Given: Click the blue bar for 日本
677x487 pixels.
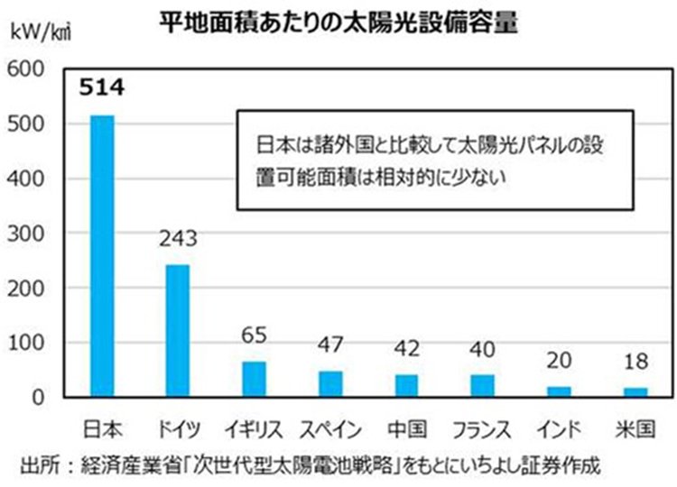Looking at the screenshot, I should point(103,256).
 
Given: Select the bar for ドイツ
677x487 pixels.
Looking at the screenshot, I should point(178,330).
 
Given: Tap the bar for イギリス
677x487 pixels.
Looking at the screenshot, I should point(255,379).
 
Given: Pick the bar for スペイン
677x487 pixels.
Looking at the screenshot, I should point(330,383).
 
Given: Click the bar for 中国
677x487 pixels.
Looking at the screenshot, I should point(406,385).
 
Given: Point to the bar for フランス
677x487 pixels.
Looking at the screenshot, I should point(482,385).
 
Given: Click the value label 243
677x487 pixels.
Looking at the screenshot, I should point(177,239).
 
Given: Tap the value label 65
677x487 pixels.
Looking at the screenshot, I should point(255,336).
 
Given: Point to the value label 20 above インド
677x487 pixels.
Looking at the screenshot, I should point(558,361).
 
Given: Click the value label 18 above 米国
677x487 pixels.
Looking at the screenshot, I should point(635,363).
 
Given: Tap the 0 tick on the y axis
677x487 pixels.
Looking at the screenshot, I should point(40,397).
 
